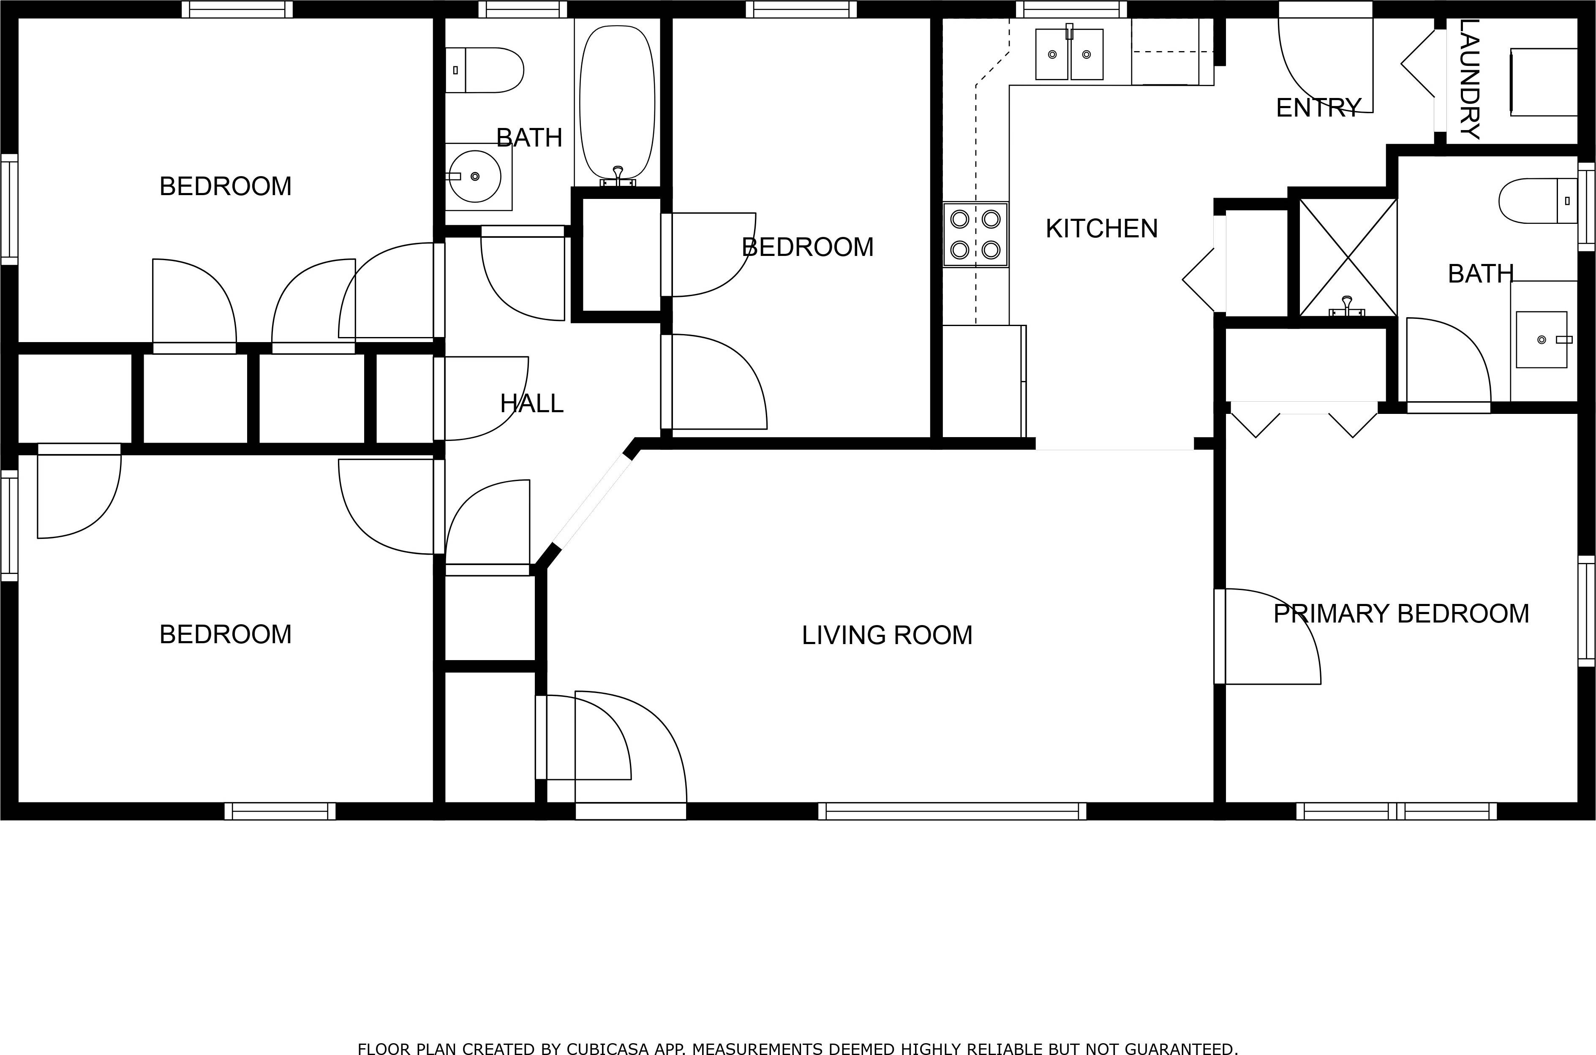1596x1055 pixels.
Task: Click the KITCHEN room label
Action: pos(1101,229)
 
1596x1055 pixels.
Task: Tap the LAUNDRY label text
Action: pos(1470,79)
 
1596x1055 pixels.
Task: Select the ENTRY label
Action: pos(1318,108)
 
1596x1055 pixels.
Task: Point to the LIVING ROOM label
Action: pos(887,635)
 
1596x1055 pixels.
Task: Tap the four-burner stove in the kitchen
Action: pos(975,234)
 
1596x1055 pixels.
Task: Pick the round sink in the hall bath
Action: pos(475,176)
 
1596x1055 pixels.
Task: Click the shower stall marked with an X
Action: pos(1348,258)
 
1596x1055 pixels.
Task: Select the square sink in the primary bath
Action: pos(1541,340)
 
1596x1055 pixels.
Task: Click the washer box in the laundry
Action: pos(1544,82)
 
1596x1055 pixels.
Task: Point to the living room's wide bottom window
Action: pos(952,811)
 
